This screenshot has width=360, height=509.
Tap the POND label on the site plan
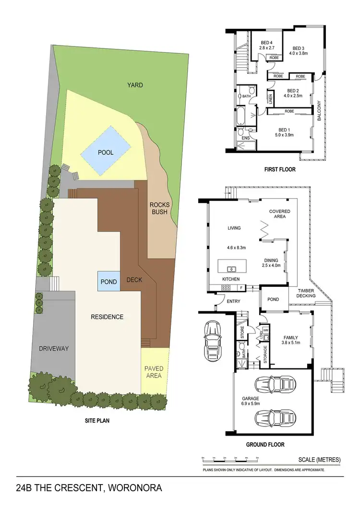[109, 282]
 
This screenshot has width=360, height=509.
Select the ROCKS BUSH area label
[159, 208]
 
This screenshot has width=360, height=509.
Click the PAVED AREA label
[154, 372]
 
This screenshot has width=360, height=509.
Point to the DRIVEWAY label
[53, 349]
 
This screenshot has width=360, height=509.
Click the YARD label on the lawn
[135, 85]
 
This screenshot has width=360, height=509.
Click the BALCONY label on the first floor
[319, 110]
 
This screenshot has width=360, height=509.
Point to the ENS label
[245, 139]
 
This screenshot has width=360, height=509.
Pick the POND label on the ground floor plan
[273, 299]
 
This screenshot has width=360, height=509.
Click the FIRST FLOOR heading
[280, 169]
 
